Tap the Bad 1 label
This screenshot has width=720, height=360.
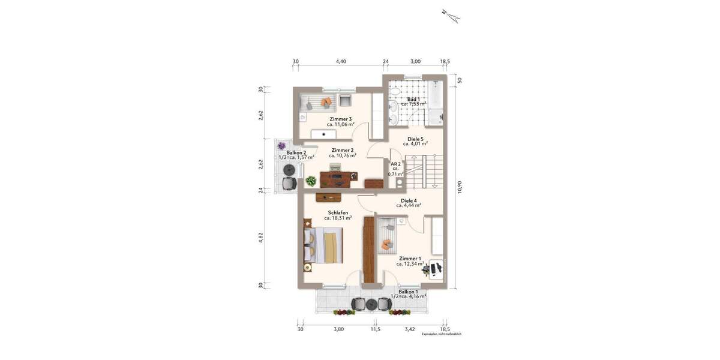(413, 99)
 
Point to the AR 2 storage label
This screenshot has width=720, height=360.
(395, 163)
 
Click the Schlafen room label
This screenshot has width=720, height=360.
(338, 212)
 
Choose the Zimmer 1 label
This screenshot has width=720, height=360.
(410, 259)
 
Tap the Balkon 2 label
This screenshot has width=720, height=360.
(296, 153)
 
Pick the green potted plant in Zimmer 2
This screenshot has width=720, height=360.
(311, 180)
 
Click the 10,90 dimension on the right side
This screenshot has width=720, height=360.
(459, 187)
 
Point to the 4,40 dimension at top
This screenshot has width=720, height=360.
(341, 61)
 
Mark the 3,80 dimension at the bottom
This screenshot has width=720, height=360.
(338, 329)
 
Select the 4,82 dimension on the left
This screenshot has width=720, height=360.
(260, 236)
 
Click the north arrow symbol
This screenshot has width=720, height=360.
(450, 15)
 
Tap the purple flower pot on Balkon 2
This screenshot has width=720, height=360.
(281, 146)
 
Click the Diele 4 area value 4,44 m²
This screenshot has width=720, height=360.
(409, 205)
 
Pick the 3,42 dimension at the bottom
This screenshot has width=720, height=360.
(409, 329)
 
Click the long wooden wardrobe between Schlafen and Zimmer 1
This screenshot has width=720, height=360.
(368, 250)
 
